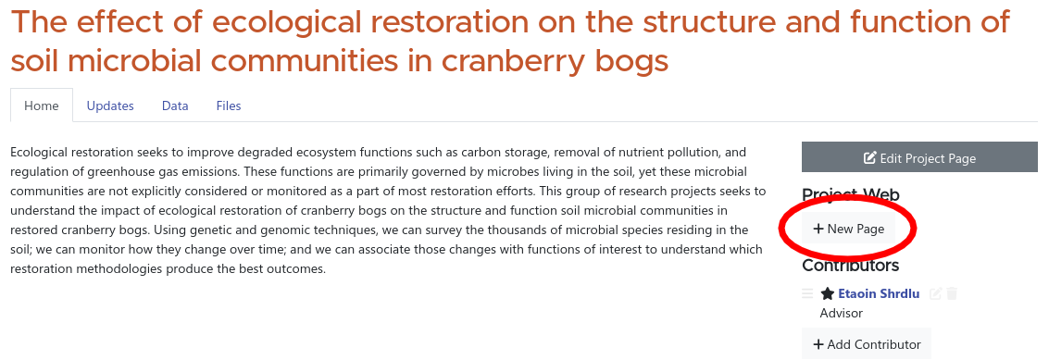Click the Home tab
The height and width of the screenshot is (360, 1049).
point(42,106)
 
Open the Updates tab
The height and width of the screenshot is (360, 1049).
point(110,106)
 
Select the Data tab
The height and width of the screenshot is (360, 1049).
point(175,106)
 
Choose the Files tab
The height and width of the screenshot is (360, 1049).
point(229,106)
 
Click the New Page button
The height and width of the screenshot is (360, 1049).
point(849,229)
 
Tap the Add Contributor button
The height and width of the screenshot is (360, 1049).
point(867,344)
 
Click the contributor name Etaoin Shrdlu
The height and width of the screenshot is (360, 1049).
point(879,293)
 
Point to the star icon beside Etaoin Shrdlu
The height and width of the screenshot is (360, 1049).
point(828,293)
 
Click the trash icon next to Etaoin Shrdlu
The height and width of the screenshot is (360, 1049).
point(952,293)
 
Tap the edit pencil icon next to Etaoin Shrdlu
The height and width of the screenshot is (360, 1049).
point(936,293)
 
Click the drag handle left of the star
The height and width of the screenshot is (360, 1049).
point(807,293)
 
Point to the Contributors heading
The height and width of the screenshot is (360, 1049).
point(850,266)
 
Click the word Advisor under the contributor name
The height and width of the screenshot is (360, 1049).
point(841,313)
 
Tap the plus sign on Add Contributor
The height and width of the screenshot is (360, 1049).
point(818,344)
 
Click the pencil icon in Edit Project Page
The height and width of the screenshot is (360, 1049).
point(869,158)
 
